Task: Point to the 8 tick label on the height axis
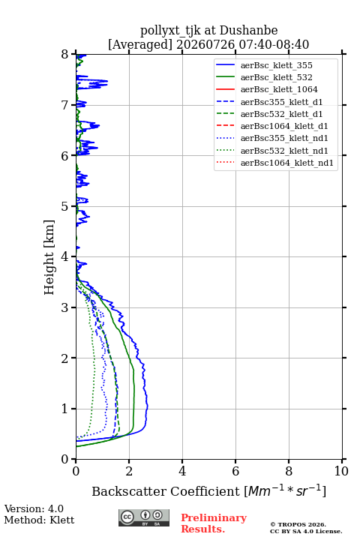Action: point(65,55)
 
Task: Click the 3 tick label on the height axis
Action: point(65,307)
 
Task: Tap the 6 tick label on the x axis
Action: point(235,471)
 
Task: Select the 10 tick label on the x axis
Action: point(341,471)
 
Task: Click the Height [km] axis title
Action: point(49,257)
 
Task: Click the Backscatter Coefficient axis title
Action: point(208,490)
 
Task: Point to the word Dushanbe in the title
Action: point(248,31)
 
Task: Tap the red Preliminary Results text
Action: point(214,523)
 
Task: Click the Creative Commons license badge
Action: point(144,517)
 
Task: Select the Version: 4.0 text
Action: point(34,508)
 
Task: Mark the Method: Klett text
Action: point(39,520)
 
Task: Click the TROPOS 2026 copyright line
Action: point(298,524)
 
